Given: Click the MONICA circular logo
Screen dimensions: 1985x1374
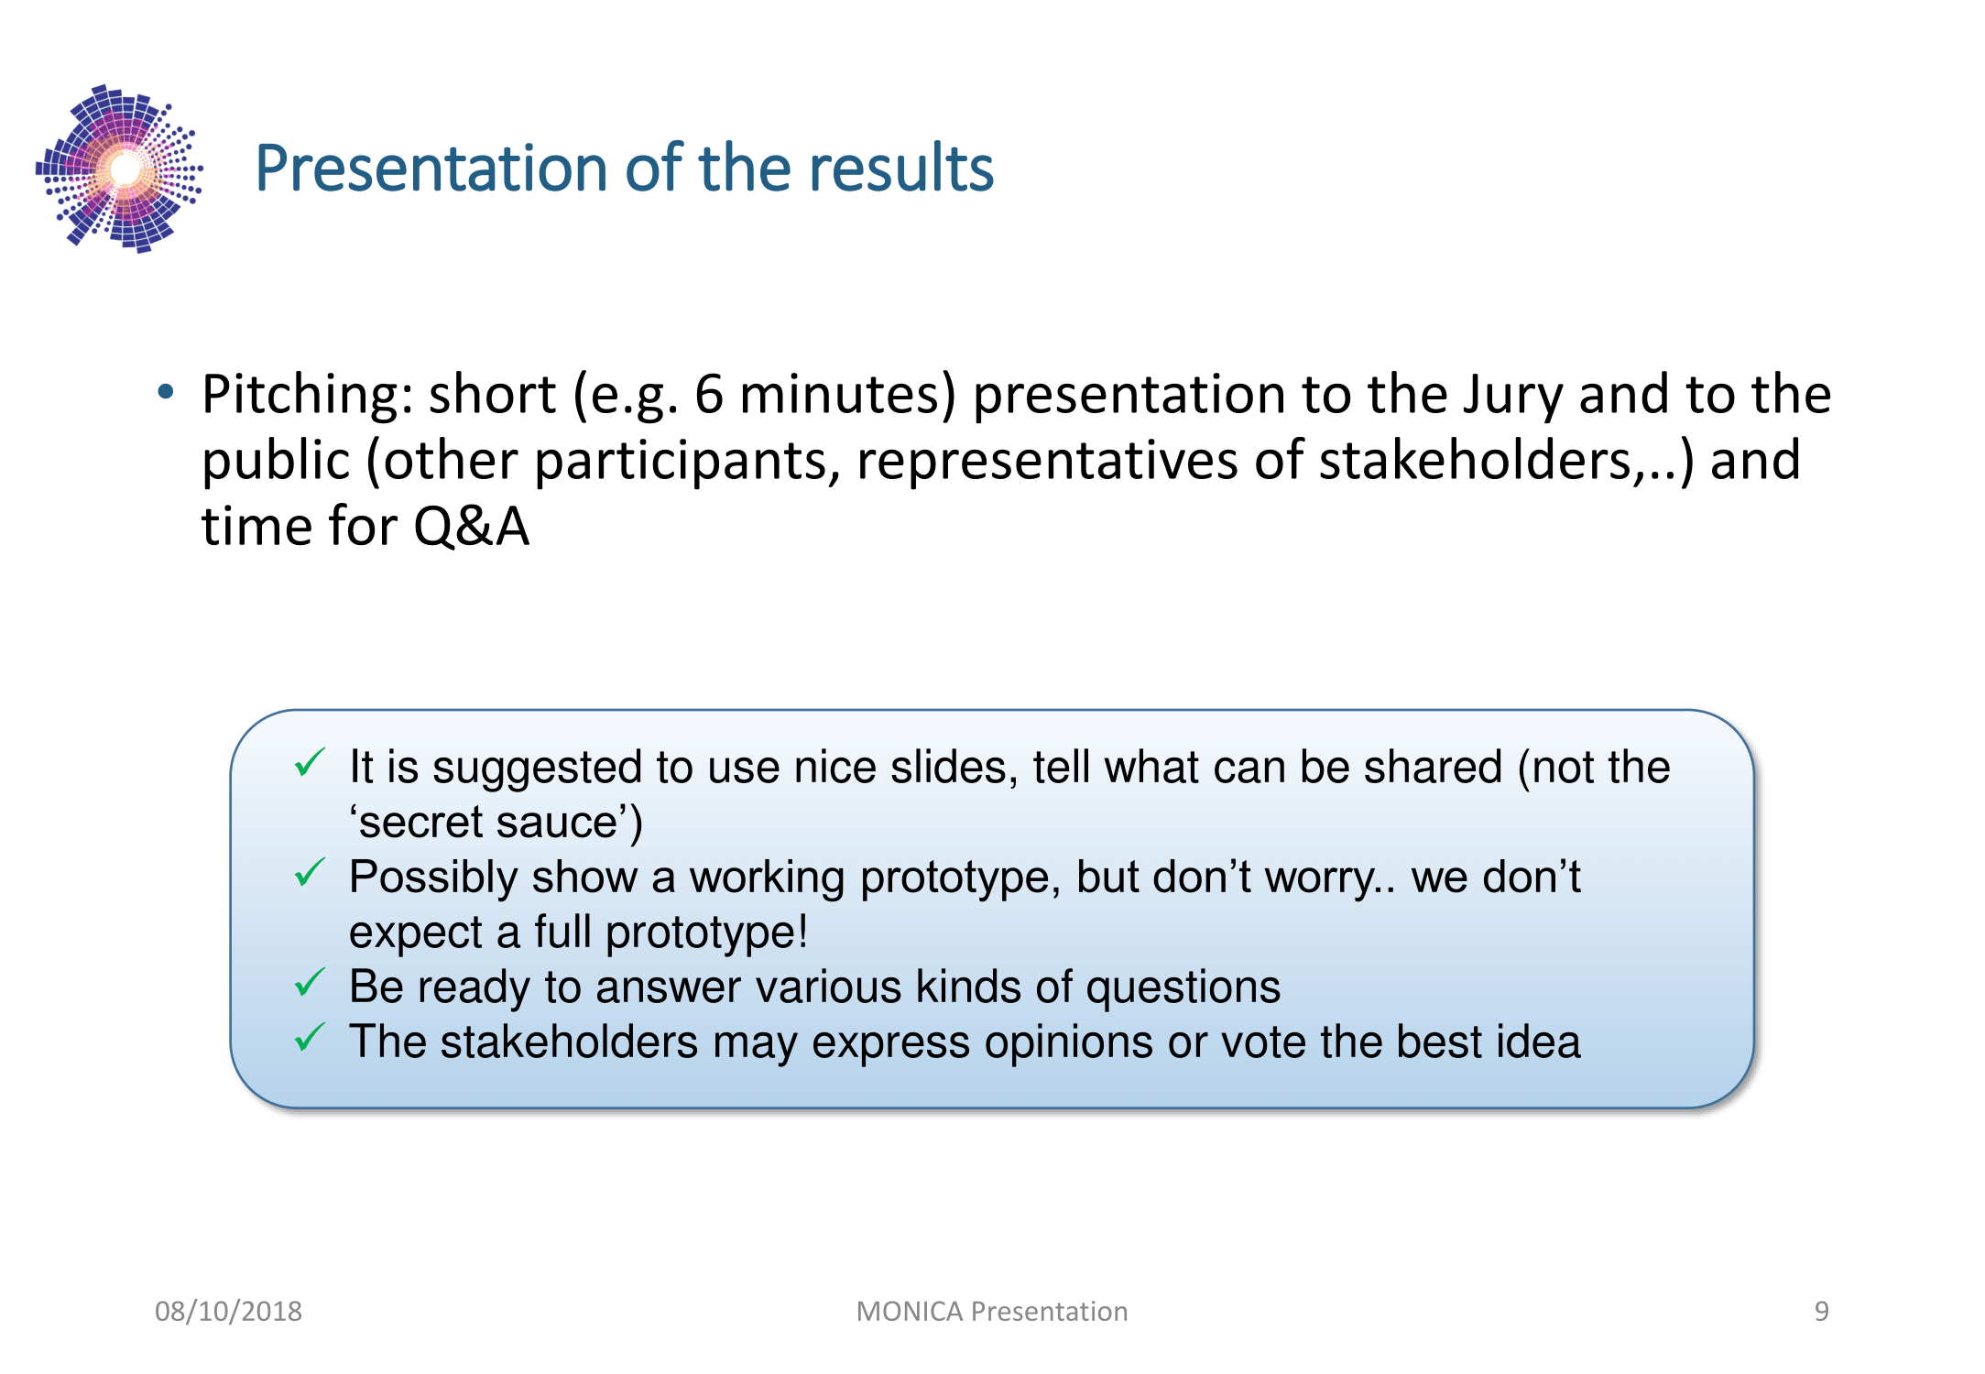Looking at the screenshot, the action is [x=119, y=169].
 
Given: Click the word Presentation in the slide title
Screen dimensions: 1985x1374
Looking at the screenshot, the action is [x=431, y=169].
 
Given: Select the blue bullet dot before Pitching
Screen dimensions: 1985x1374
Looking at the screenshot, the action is [x=166, y=392].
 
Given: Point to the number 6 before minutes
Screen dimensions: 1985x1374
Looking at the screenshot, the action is [x=708, y=395].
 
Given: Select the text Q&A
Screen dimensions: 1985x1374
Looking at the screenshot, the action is [x=471, y=527].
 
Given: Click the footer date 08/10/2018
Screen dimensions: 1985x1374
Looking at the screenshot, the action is [x=228, y=1312].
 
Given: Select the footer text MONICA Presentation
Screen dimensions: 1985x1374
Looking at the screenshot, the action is [x=992, y=1312].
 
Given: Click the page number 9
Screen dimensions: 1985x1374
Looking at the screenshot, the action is [x=1822, y=1312].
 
